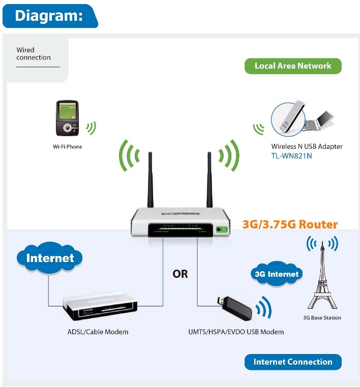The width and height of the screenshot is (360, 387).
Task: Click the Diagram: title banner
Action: (49, 16)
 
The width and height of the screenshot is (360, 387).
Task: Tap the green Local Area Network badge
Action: (292, 66)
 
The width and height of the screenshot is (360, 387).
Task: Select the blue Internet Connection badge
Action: (292, 362)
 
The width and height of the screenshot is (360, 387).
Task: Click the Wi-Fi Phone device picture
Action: (67, 118)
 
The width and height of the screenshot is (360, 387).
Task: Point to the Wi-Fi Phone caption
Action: (67, 146)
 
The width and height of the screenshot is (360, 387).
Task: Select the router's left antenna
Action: (151, 180)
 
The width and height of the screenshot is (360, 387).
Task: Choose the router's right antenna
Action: (209, 180)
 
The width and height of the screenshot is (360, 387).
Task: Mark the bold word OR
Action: (180, 274)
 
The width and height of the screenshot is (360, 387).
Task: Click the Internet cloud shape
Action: (50, 258)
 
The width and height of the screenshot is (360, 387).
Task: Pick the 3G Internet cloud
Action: (276, 274)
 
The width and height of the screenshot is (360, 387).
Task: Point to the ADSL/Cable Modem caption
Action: (98, 332)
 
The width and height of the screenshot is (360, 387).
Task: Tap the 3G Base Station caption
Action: (322, 318)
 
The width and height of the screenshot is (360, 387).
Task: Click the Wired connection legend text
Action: (34, 54)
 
